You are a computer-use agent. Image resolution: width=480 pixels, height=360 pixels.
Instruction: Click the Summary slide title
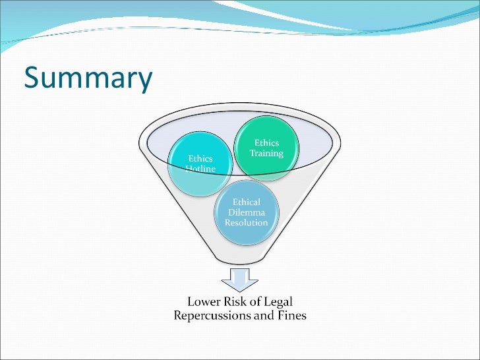88,78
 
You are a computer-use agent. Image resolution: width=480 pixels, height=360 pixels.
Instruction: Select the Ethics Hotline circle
200,165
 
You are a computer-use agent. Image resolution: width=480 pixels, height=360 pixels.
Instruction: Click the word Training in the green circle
266,154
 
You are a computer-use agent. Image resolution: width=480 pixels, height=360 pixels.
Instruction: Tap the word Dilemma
247,212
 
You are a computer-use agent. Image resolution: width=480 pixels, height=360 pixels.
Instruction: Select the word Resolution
247,223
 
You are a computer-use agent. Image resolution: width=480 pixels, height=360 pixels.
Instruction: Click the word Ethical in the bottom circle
247,202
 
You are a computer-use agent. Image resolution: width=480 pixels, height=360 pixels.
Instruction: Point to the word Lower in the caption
205,303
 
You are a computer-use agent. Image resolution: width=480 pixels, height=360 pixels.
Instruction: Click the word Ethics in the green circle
266,143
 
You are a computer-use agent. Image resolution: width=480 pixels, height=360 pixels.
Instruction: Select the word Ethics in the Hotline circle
200,158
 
